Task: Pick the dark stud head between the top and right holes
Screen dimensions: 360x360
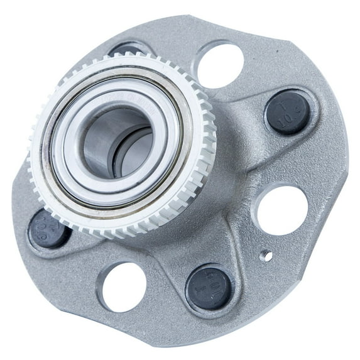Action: click(x=288, y=112)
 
